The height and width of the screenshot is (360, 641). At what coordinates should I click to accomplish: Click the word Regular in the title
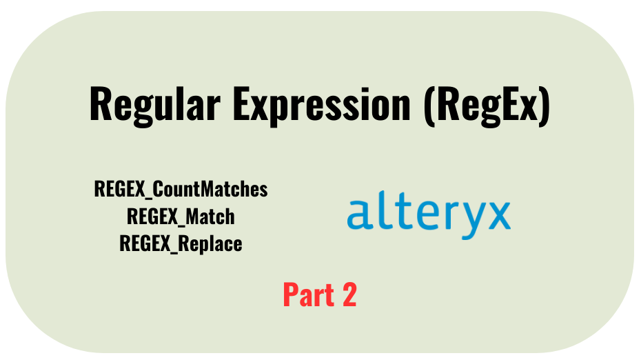[155, 105]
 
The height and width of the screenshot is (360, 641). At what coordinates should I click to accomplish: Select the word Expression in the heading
[321, 105]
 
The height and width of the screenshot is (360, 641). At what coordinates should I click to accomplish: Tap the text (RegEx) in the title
[487, 106]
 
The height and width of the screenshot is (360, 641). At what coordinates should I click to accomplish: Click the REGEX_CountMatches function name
[181, 189]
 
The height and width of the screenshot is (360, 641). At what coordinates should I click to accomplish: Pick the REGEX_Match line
[181, 216]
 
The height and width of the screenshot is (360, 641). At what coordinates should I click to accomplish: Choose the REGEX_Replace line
[181, 243]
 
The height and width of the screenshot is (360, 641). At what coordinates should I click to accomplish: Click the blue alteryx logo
[429, 214]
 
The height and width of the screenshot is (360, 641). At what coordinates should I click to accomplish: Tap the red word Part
[309, 294]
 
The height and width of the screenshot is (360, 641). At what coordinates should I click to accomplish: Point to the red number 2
[349, 294]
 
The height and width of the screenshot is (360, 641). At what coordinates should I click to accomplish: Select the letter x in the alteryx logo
[496, 215]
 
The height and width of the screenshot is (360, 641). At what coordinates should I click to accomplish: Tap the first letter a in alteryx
[359, 215]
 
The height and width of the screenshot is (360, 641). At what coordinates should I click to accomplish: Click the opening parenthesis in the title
[429, 106]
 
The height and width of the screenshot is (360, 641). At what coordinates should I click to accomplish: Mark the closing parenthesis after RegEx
[544, 106]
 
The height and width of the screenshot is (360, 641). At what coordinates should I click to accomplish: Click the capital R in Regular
[100, 104]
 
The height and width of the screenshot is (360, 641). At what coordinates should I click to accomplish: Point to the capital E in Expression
[241, 104]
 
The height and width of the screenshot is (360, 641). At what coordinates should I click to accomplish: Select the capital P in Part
[291, 294]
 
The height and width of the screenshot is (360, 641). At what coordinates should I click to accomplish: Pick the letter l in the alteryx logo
[378, 210]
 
